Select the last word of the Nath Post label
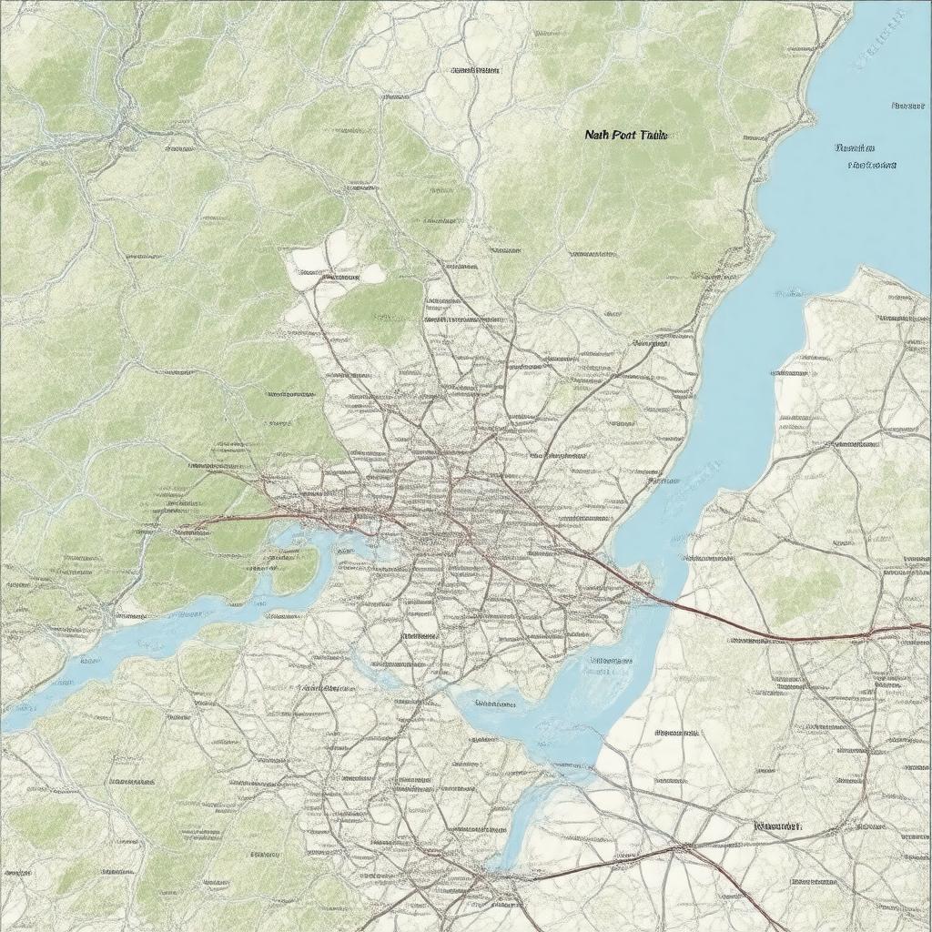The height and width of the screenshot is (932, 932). pos(653,135)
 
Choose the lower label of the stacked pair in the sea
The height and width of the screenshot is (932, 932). pos(871,166)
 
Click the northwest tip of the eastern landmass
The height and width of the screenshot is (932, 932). pos(860,268)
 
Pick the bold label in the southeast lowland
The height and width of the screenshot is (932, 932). pos(777,826)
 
